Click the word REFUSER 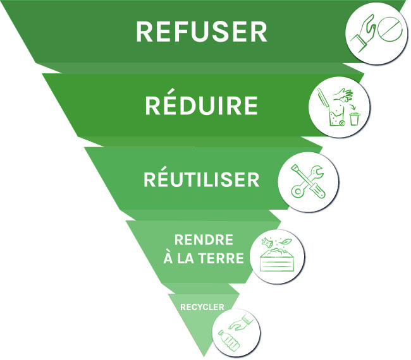(202, 32)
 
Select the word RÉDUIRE (202, 105)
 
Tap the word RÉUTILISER (201, 179)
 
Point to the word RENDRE (204, 240)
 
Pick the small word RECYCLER (202, 308)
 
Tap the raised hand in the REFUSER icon (364, 35)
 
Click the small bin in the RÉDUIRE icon (355, 118)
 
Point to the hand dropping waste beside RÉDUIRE (345, 95)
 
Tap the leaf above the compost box (285, 241)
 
